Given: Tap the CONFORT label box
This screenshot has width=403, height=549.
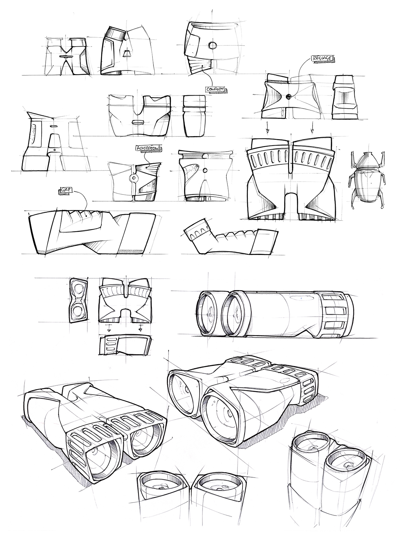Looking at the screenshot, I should coord(215,90).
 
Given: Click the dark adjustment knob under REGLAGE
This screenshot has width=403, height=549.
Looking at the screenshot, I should coord(288,97).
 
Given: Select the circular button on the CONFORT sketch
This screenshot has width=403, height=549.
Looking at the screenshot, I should coord(212,45).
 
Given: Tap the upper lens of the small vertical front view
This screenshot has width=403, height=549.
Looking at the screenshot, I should coord(80,289).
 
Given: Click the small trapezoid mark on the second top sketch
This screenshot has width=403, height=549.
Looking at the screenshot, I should coord(127,53).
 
